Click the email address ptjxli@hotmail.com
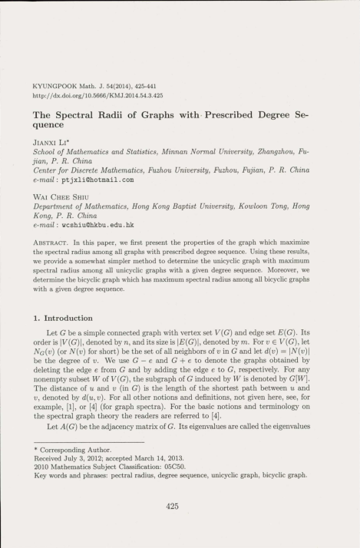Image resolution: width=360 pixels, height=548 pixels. (x=100, y=180)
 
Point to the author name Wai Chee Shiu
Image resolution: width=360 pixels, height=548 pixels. (x=58, y=198)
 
